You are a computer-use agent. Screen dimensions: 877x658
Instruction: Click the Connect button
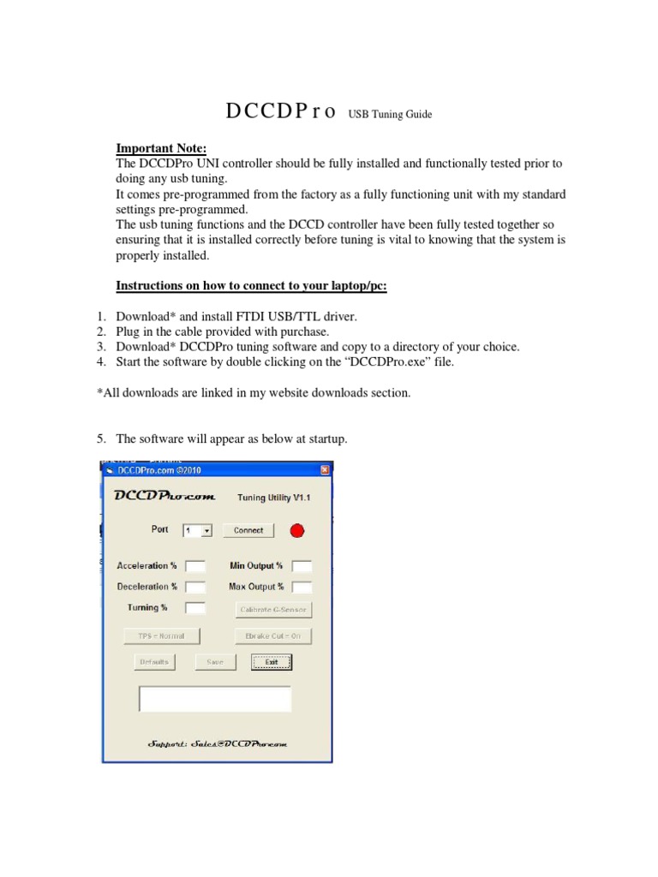(248, 530)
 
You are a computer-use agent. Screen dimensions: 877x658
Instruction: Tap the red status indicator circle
(297, 531)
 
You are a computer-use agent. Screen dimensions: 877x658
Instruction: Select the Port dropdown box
(196, 531)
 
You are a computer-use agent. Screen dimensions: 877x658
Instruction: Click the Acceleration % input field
(195, 566)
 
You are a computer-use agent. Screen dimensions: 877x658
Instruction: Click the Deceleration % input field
(195, 588)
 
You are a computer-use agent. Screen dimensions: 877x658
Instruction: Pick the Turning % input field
(195, 608)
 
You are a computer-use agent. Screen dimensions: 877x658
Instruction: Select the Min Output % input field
(302, 566)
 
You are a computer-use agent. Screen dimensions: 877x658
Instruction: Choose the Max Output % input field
(302, 588)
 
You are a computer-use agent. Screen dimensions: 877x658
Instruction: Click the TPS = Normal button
(161, 635)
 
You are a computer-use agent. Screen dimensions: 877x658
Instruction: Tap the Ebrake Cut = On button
(273, 635)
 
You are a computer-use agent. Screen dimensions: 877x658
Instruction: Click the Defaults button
(155, 662)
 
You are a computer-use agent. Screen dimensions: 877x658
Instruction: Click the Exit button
(272, 662)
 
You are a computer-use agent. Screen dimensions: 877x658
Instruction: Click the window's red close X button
(325, 470)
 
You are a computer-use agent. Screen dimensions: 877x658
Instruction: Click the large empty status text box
(215, 699)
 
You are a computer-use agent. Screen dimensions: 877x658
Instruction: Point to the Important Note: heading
(162, 147)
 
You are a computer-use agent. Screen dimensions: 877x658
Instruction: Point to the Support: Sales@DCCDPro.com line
(218, 744)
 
